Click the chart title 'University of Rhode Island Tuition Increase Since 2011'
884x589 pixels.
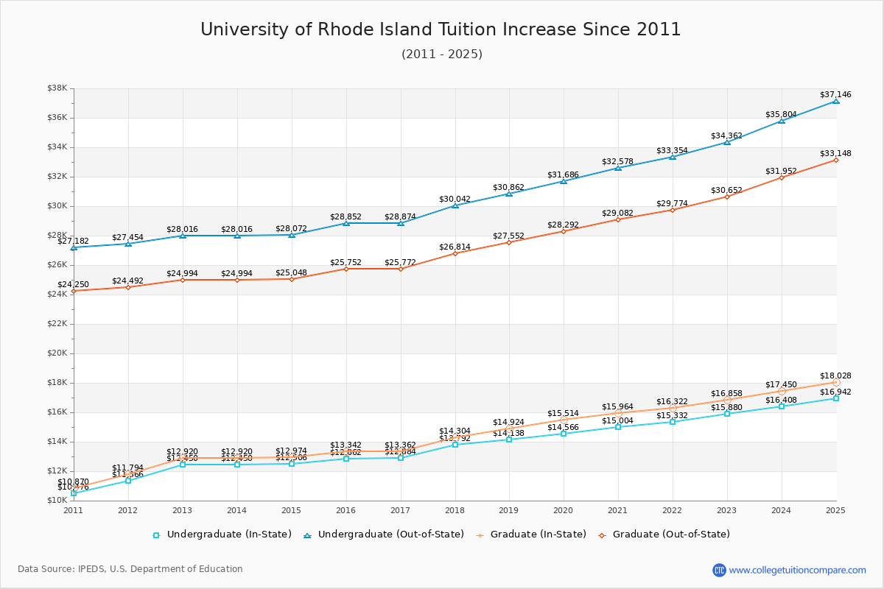point(441,29)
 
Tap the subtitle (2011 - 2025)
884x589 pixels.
point(442,54)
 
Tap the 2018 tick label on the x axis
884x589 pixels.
point(455,510)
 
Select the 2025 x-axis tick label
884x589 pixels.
point(835,510)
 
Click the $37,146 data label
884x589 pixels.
point(835,94)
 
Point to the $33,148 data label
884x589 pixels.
point(835,153)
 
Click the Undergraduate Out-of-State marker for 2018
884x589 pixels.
point(455,205)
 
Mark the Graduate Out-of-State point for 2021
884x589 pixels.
point(618,219)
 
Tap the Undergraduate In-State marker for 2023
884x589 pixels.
point(727,414)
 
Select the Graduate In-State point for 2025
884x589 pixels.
point(836,382)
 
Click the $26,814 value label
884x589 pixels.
point(455,247)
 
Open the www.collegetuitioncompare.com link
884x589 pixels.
point(798,570)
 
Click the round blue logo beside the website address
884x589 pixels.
point(719,570)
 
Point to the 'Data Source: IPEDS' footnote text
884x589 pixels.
point(130,569)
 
